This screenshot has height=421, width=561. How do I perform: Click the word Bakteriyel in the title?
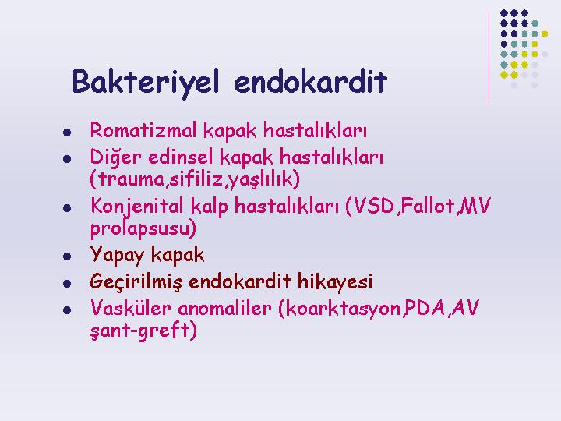[x=145, y=83]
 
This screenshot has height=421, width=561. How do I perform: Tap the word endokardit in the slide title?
[x=310, y=82]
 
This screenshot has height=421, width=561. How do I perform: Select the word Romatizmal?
[x=143, y=129]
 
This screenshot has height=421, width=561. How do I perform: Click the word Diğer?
[x=115, y=157]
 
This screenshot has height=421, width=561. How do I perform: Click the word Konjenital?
[x=136, y=207]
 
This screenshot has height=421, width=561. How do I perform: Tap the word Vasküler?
[x=131, y=308]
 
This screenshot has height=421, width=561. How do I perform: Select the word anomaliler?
[x=224, y=308]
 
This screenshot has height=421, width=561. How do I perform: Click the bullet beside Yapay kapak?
[x=67, y=256]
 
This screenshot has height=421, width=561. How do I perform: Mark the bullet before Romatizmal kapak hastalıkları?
[x=67, y=133]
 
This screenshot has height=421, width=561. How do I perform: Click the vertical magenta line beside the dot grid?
[x=489, y=57]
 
